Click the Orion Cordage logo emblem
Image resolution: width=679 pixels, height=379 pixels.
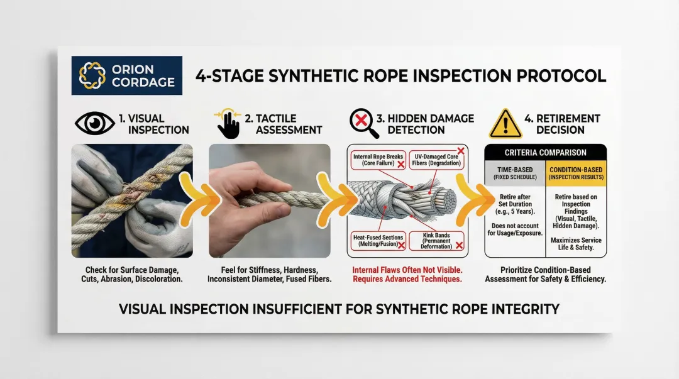click(92, 75)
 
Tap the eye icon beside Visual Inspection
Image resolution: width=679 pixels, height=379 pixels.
click(95, 123)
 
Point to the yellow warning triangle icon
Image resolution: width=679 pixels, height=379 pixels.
click(505, 124)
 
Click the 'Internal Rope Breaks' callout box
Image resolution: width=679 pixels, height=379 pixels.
click(378, 160)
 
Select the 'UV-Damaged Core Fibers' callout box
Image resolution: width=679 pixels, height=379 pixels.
click(436, 160)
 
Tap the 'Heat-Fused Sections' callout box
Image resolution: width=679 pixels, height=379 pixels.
click(378, 241)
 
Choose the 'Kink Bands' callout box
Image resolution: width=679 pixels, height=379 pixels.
click(436, 241)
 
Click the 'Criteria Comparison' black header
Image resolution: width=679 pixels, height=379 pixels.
click(545, 153)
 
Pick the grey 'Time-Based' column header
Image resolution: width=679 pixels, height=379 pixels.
click(515, 173)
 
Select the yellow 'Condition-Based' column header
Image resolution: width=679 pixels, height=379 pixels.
click(576, 173)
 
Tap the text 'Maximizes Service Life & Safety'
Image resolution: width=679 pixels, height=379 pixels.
click(576, 244)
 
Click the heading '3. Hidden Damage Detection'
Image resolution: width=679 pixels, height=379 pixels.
click(425, 124)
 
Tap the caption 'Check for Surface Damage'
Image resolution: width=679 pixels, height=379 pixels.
click(131, 270)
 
